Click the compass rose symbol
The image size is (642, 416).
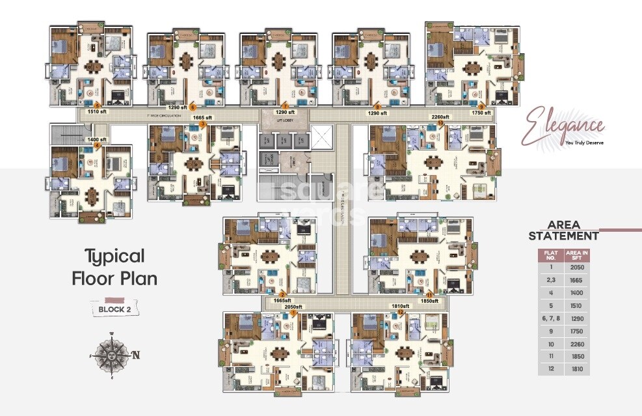pos(113,355)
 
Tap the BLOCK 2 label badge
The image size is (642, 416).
pos(114,309)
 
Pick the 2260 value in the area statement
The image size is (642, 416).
pos(576,343)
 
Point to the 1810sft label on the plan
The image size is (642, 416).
pos(399,306)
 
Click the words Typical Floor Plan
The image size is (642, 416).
pos(114,267)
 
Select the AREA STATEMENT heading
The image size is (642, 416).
pos(563,230)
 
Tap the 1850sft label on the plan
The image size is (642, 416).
pos(429,301)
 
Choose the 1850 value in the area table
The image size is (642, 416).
pos(576,356)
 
